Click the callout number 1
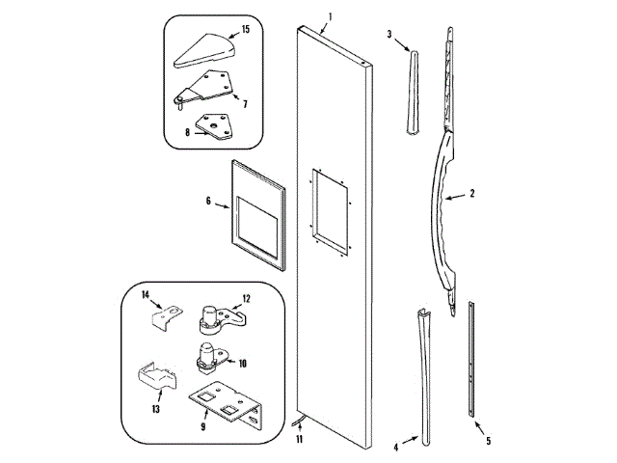[x=331, y=16]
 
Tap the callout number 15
[x=245, y=30]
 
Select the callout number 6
[x=207, y=203]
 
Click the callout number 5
[x=488, y=441]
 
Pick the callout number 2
[x=472, y=194]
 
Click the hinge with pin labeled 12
[x=216, y=313]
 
